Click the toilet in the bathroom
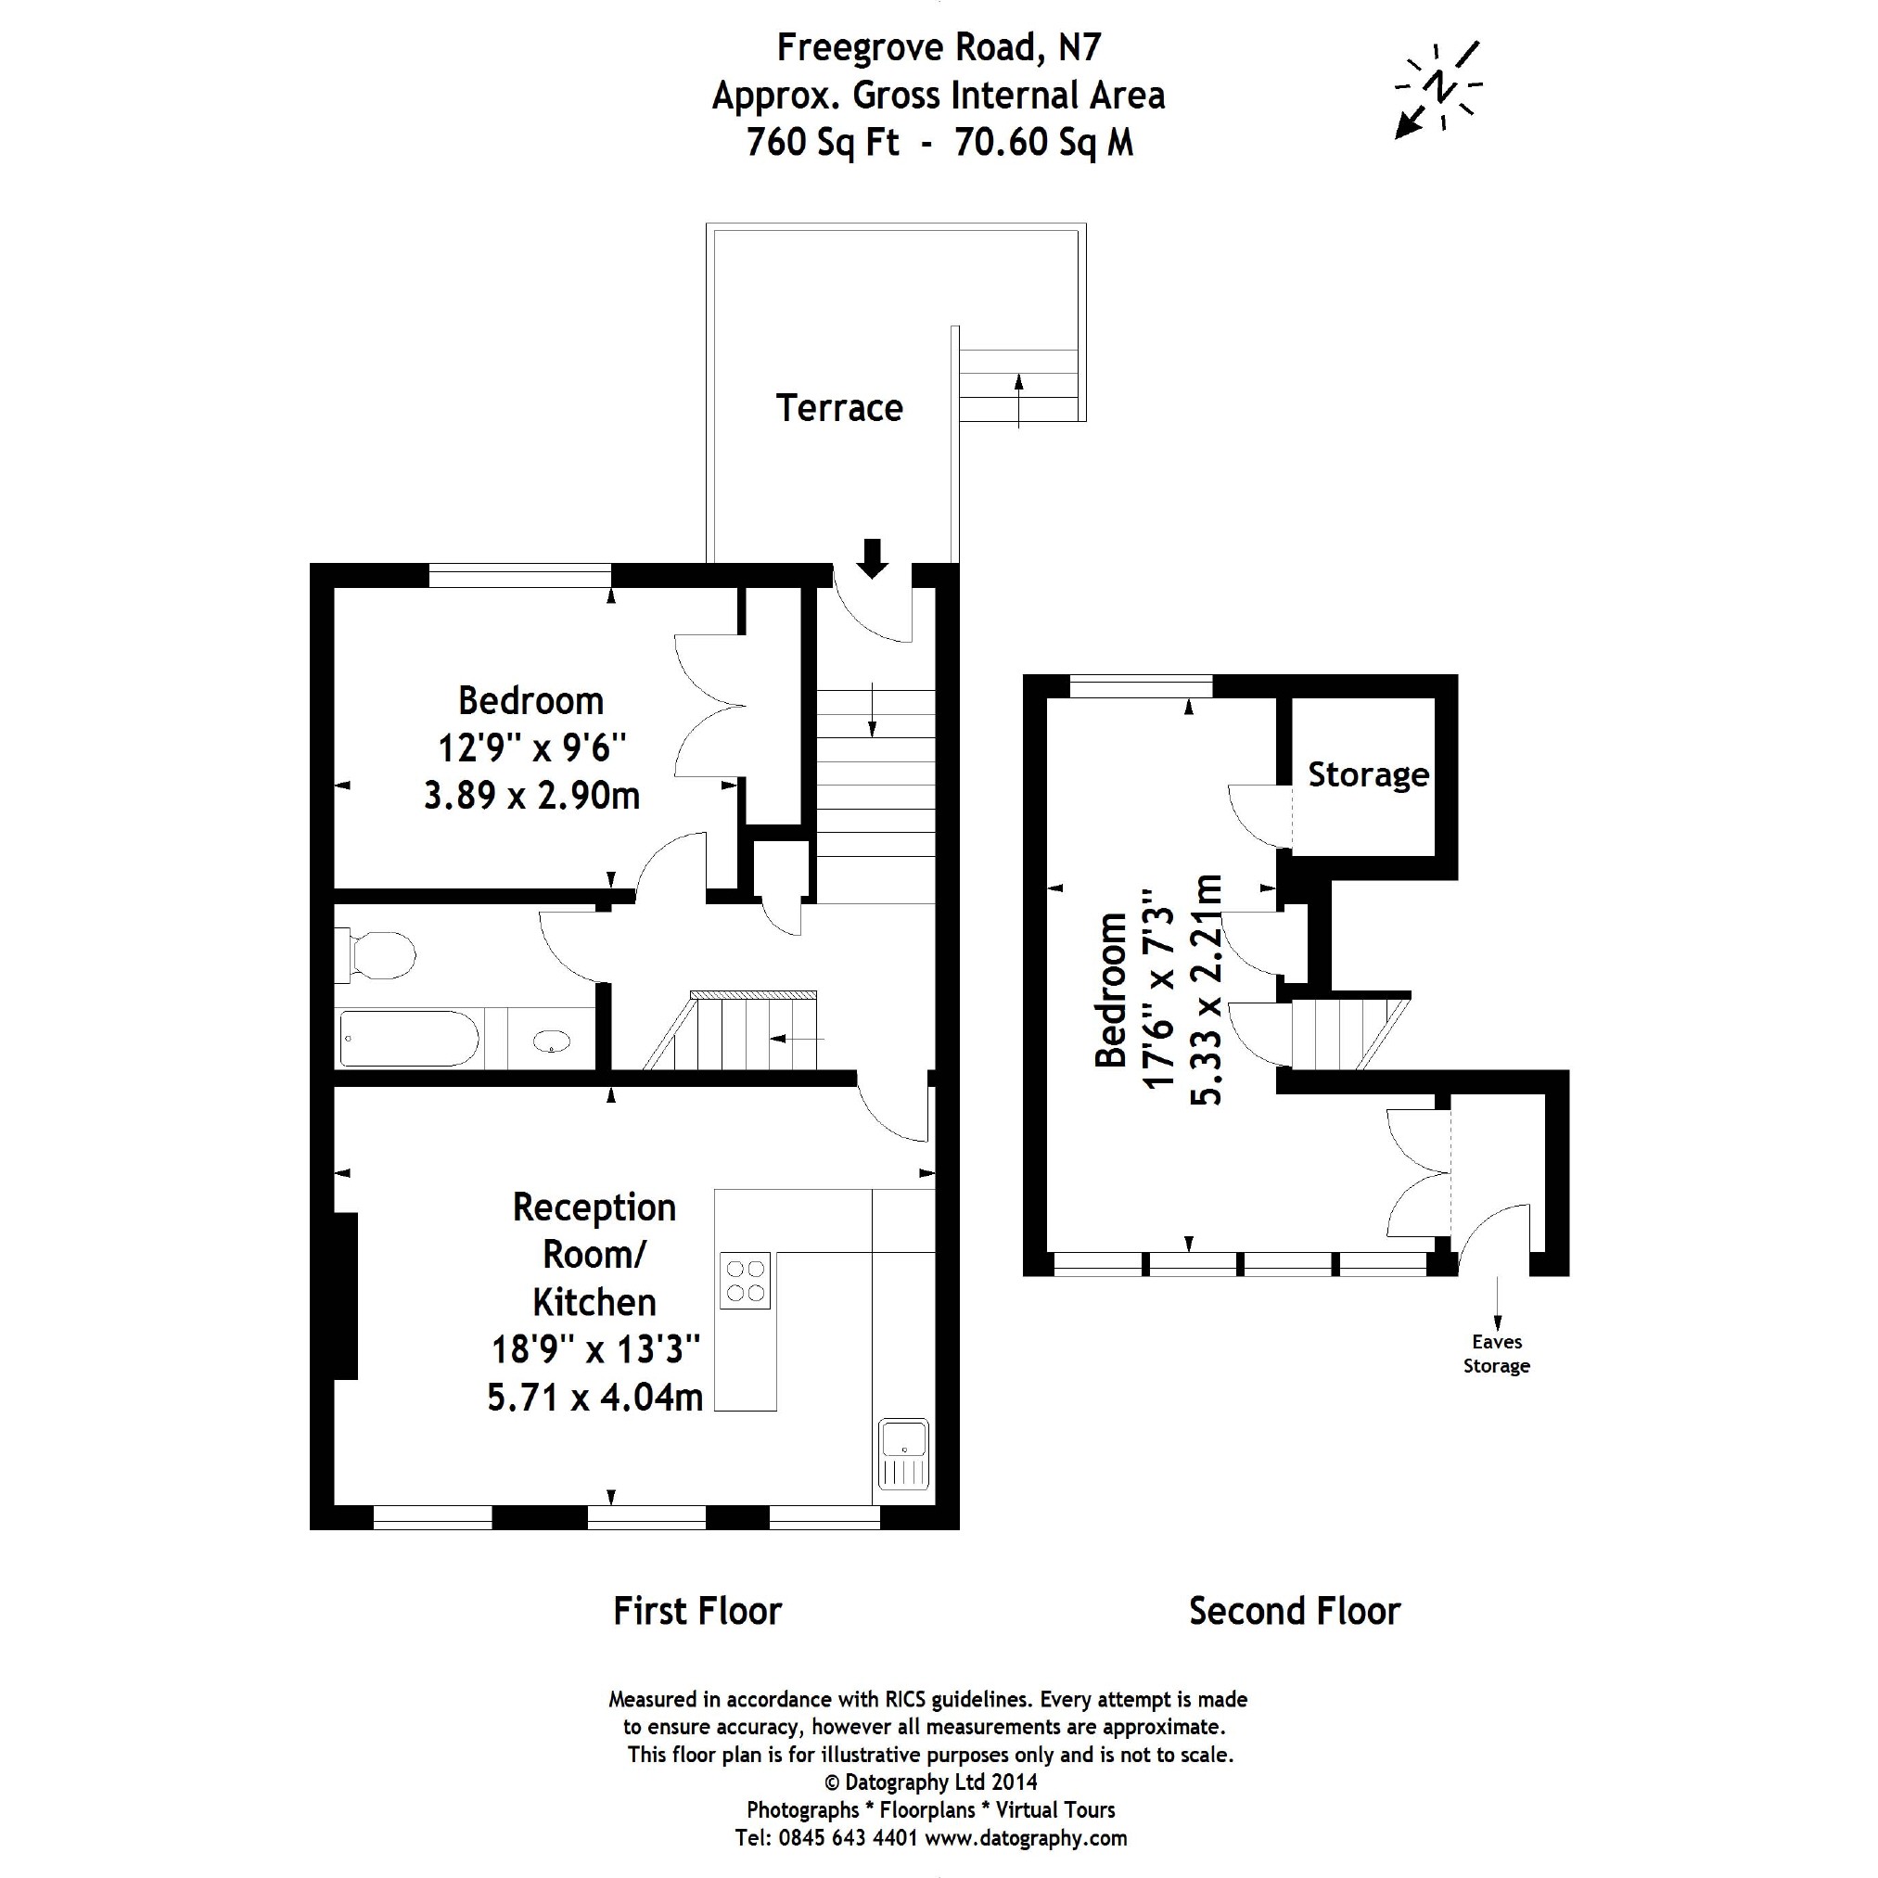coord(379,954)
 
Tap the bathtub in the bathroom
coord(409,1038)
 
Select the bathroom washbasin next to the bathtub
coord(551,1041)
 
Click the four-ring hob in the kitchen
coord(745,1280)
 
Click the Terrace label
coord(839,408)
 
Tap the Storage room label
coord(1368,774)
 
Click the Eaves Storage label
coord(1496,1354)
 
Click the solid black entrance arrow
coord(872,558)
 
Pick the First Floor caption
coord(697,1612)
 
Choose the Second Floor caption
coord(1294,1612)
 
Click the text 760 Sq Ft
coord(823,143)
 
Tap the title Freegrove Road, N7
coord(938,46)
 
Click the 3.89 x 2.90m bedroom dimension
coord(531,796)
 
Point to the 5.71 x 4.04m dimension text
coord(594,1398)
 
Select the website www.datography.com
coord(1026,1838)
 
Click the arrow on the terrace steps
coord(1018,399)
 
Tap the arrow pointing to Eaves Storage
coord(1497,1304)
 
